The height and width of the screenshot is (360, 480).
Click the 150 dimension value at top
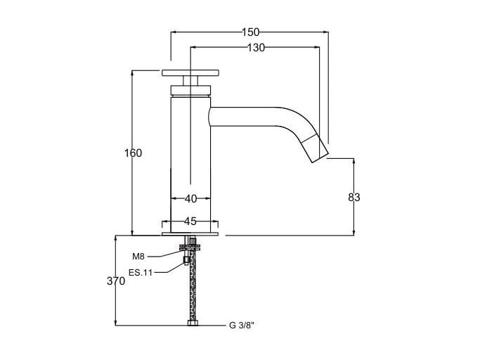250,32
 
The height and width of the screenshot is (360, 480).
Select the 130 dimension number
256,48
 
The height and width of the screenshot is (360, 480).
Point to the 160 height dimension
133,153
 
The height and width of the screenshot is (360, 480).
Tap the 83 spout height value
353,198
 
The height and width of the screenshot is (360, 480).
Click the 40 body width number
190,199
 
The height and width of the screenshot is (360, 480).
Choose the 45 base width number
190,221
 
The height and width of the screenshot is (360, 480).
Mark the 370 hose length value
117,281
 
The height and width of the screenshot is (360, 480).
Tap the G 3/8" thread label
241,326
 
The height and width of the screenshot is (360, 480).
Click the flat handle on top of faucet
190,72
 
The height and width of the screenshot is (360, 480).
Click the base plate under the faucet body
190,233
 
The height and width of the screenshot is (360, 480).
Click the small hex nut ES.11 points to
186,261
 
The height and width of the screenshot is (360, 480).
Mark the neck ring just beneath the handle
190,88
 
